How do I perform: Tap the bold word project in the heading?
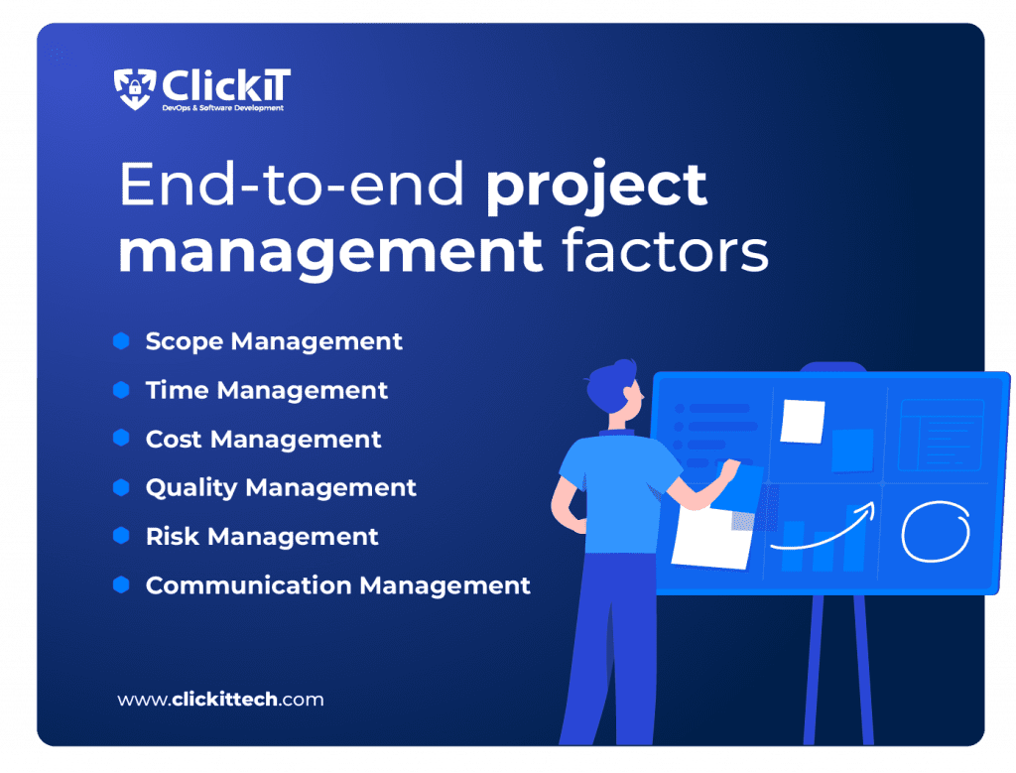596,186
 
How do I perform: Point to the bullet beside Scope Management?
121,341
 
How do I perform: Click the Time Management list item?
266,390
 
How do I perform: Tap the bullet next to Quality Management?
121,487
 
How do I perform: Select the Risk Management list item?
261,537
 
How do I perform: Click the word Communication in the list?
248,585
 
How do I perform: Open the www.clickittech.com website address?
220,700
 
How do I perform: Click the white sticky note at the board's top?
802,421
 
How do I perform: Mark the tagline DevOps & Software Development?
222,107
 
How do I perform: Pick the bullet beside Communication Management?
121,585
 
